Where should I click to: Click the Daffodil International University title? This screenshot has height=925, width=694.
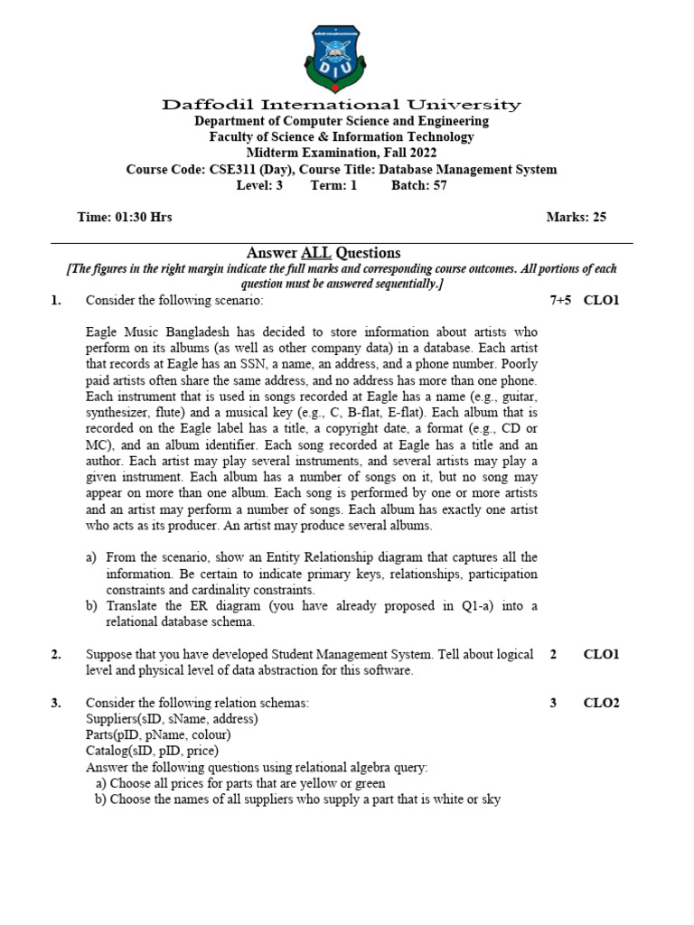pyautogui.click(x=342, y=105)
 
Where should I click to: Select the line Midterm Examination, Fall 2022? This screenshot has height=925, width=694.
pyautogui.click(x=342, y=153)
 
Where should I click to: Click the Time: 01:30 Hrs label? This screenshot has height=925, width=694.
pyautogui.click(x=125, y=218)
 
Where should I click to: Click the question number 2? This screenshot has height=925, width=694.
pyautogui.click(x=56, y=654)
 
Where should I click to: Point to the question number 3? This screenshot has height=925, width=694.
pyautogui.click(x=56, y=703)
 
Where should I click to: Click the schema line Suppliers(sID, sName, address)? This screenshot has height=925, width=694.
pyautogui.click(x=172, y=719)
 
